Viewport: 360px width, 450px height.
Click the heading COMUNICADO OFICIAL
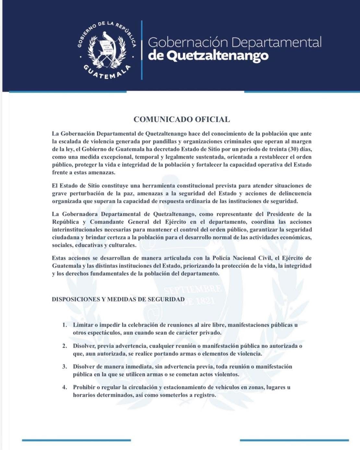click(182, 120)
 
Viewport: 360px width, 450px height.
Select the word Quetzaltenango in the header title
click(219, 56)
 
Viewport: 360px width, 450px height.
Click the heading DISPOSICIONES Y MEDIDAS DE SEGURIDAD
click(118, 299)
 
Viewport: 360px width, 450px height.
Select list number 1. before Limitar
click(65, 325)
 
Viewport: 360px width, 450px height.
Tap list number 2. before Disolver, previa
click(65, 346)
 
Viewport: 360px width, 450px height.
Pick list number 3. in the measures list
click(65, 367)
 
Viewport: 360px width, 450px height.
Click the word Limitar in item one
click(83, 325)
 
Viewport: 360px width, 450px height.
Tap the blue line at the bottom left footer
click(76, 440)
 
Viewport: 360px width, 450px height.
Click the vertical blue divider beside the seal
click(142, 50)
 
